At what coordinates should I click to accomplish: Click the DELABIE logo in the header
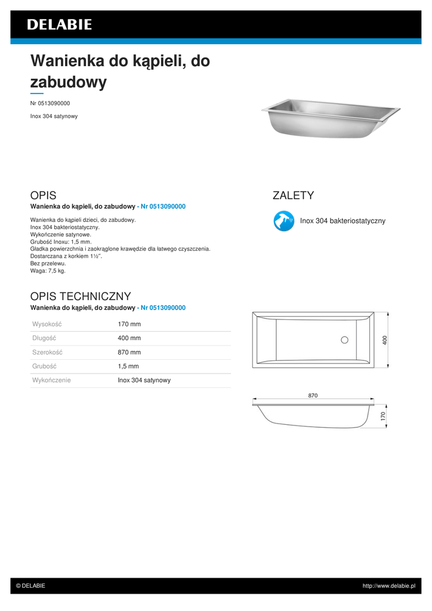(x=59, y=24)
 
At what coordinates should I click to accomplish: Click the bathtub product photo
(x=330, y=118)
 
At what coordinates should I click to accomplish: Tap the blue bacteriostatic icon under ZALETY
(x=283, y=221)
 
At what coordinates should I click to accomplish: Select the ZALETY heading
(x=293, y=195)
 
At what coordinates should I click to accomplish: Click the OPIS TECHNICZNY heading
(x=81, y=296)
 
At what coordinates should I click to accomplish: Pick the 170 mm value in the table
(x=129, y=324)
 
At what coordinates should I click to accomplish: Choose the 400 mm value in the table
(x=129, y=338)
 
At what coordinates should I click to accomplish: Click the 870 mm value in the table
(x=129, y=352)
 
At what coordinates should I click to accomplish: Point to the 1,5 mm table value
(x=128, y=366)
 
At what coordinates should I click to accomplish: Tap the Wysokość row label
(x=47, y=324)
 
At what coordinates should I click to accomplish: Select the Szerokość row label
(x=47, y=352)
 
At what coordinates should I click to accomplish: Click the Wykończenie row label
(x=51, y=380)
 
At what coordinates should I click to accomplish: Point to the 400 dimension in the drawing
(x=385, y=340)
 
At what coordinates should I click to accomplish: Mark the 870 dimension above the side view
(x=313, y=396)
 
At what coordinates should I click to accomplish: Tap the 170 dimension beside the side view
(x=383, y=415)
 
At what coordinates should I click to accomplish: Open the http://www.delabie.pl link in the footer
(x=388, y=586)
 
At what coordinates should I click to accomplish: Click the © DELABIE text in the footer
(x=30, y=586)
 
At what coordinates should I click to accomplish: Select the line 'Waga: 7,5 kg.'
(x=48, y=270)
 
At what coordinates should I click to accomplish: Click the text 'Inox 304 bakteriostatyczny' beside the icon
(x=342, y=221)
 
